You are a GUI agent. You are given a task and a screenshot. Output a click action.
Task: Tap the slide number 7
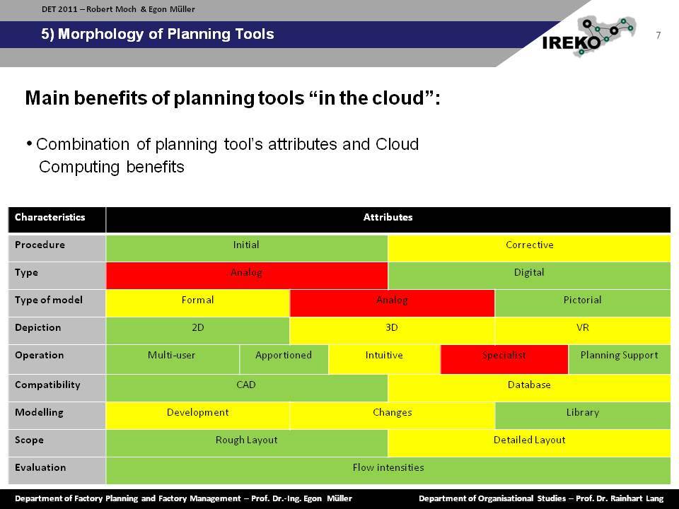(658, 35)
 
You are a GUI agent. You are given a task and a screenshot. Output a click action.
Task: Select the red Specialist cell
(504, 359)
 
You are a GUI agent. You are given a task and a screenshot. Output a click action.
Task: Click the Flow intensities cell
(388, 471)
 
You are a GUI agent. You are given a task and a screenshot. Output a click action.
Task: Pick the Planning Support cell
(620, 359)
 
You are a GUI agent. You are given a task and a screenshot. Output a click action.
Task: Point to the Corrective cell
(529, 248)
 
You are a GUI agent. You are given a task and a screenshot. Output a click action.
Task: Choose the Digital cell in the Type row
(529, 276)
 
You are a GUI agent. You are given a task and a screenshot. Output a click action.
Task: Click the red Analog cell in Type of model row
(392, 303)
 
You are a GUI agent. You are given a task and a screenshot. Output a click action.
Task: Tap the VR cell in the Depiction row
(582, 331)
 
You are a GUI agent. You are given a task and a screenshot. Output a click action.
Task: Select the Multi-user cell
(173, 359)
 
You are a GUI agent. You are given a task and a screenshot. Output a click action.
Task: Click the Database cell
(529, 388)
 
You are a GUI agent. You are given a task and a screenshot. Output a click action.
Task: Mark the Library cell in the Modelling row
(582, 416)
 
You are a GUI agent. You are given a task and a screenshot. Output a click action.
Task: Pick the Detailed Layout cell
(529, 443)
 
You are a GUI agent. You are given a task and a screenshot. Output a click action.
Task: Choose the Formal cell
(197, 303)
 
